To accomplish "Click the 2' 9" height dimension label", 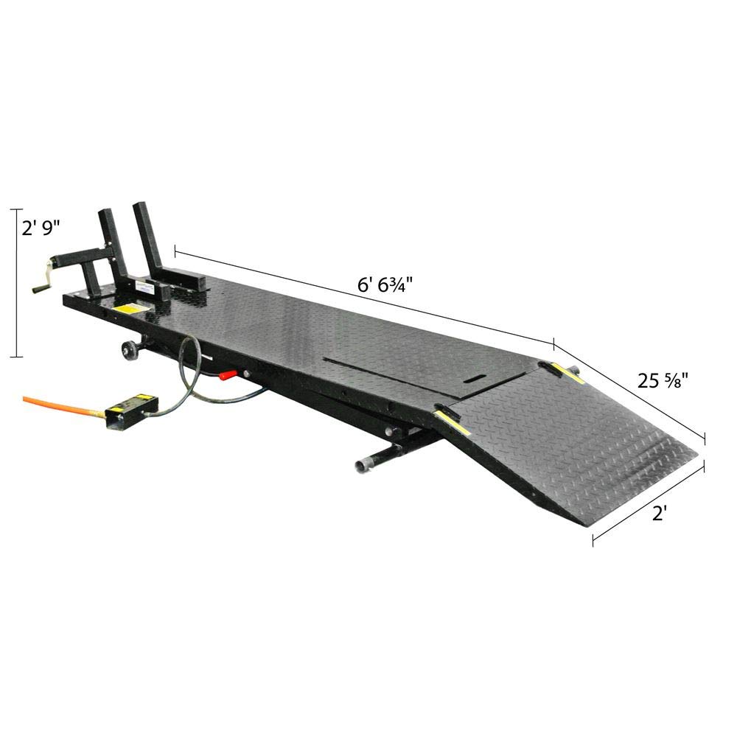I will pyautogui.click(x=40, y=230).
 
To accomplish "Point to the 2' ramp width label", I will pyautogui.click(x=660, y=514).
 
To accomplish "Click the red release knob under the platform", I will pyautogui.click(x=228, y=376).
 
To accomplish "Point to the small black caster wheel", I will pyautogui.click(x=130, y=349).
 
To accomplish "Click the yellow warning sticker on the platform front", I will pyautogui.click(x=130, y=310).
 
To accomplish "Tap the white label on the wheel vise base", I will pyautogui.click(x=144, y=290).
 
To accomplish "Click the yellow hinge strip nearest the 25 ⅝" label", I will pyautogui.click(x=567, y=372).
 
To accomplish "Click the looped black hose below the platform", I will pyautogui.click(x=188, y=368).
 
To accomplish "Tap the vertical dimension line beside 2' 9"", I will pyautogui.click(x=16, y=284).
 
